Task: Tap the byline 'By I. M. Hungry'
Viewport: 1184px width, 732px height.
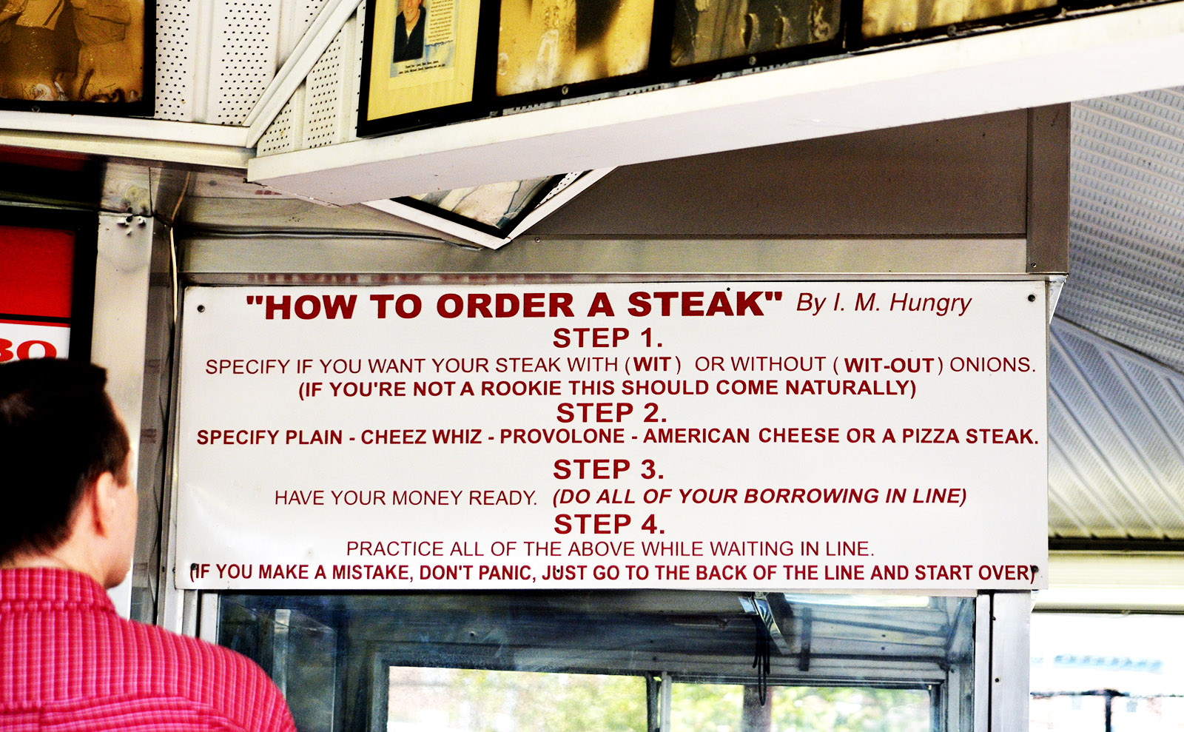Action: coord(884,303)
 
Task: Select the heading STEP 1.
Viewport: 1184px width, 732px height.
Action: coord(608,338)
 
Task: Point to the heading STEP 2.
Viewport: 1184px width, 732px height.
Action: coord(611,413)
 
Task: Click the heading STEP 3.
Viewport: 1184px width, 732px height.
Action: coord(608,469)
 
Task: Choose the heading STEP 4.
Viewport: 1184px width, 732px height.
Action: coord(609,524)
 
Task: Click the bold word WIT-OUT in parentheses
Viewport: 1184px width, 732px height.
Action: coord(889,366)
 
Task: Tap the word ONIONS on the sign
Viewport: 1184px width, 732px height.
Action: coord(992,365)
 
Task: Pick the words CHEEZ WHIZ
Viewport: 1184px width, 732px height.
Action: coord(421,437)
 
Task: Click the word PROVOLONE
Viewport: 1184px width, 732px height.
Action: coord(562,436)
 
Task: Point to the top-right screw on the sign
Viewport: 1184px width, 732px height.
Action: coord(1031,298)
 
